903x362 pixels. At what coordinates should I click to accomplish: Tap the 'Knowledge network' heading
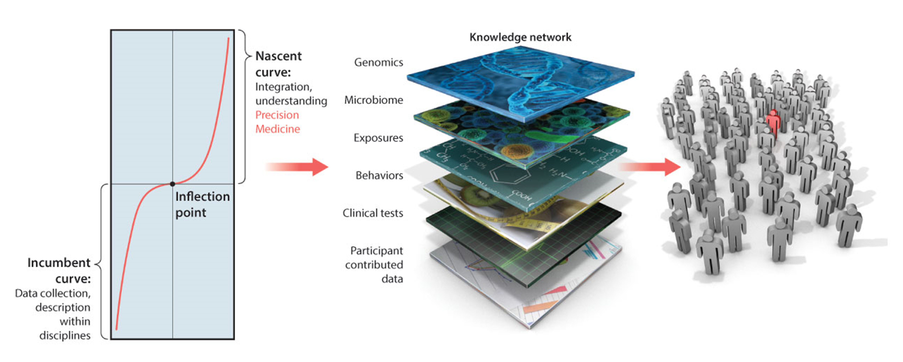pos(520,37)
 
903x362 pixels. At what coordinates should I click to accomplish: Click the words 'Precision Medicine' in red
pos(277,122)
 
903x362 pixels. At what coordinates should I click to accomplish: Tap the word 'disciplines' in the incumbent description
pos(65,336)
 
